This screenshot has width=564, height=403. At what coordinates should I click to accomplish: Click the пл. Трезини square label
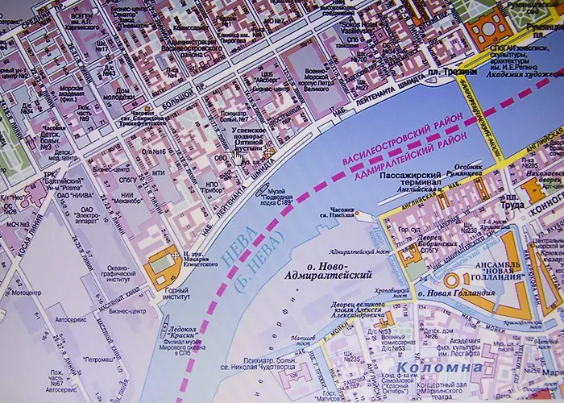(462, 73)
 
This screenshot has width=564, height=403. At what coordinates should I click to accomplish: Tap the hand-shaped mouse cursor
(238, 158)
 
